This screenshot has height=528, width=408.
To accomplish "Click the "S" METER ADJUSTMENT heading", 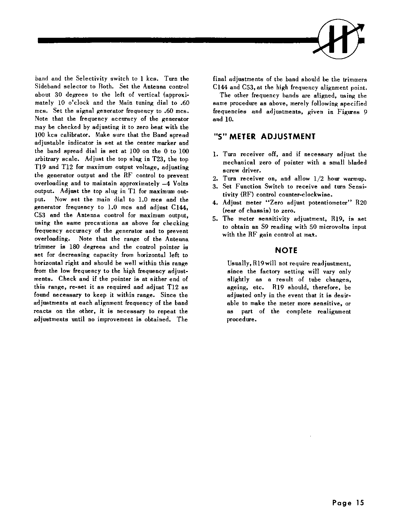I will pyautogui.click(x=264, y=137).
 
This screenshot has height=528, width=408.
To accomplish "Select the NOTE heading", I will pyautogui.click(x=286, y=251).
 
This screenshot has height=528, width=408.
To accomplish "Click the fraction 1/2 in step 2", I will pyautogui.click(x=327, y=179).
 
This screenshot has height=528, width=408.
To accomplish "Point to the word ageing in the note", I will pyautogui.click(x=236, y=287).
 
